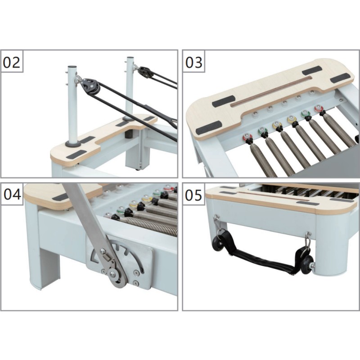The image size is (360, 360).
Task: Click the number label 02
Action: point(12,63)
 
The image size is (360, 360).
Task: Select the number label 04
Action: point(12,195)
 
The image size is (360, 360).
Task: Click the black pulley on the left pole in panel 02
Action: point(90,85)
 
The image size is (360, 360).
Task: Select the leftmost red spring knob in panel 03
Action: point(247,137)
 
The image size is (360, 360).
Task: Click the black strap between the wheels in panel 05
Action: point(261,256)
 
